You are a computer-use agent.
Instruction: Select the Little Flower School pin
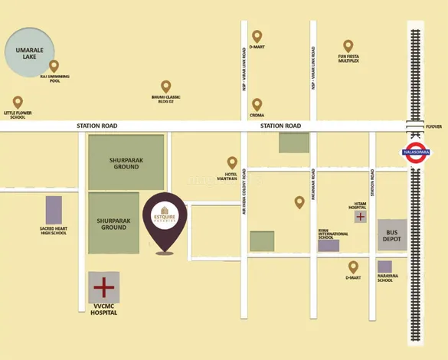[18, 102]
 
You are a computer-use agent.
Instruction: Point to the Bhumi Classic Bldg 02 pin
[165, 87]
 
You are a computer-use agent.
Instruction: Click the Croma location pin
[257, 104]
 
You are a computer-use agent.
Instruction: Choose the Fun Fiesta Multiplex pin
[348, 46]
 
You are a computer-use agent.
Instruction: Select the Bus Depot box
[392, 235]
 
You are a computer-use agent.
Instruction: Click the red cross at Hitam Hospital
[360, 218]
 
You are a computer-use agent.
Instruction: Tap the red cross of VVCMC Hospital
[103, 288]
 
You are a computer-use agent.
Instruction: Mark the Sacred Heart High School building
[54, 209]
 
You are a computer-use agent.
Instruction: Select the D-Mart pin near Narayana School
[352, 267]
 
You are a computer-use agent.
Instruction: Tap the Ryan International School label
[328, 235]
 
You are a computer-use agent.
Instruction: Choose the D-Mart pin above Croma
[257, 36]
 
